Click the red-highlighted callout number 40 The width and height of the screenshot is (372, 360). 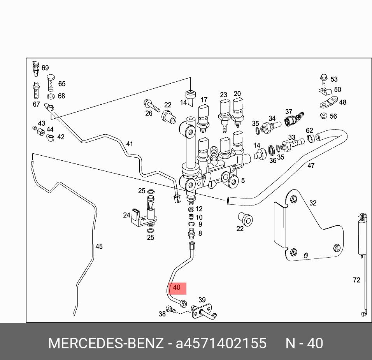(177, 288)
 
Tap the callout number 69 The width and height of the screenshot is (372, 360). (45, 68)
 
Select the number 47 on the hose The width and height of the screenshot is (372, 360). (311, 166)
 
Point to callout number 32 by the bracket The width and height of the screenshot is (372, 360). (313, 203)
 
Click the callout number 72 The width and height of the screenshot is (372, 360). (356, 280)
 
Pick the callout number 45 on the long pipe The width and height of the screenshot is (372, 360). (99, 246)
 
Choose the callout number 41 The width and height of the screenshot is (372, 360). (129, 144)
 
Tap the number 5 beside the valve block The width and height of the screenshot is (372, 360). (243, 181)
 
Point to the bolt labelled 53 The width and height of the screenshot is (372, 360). (323, 79)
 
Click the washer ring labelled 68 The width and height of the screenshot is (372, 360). (51, 96)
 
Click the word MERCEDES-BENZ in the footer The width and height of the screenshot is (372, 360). (106, 344)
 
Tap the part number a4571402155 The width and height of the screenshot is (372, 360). (221, 344)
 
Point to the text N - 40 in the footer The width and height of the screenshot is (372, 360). (304, 344)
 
